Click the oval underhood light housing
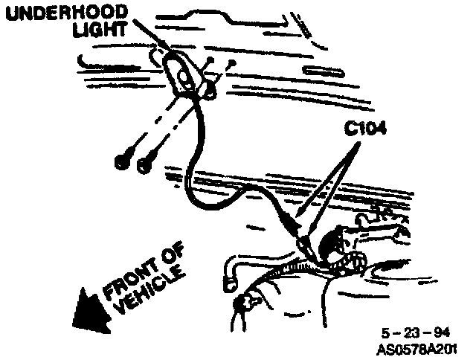pyautogui.click(x=183, y=74)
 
